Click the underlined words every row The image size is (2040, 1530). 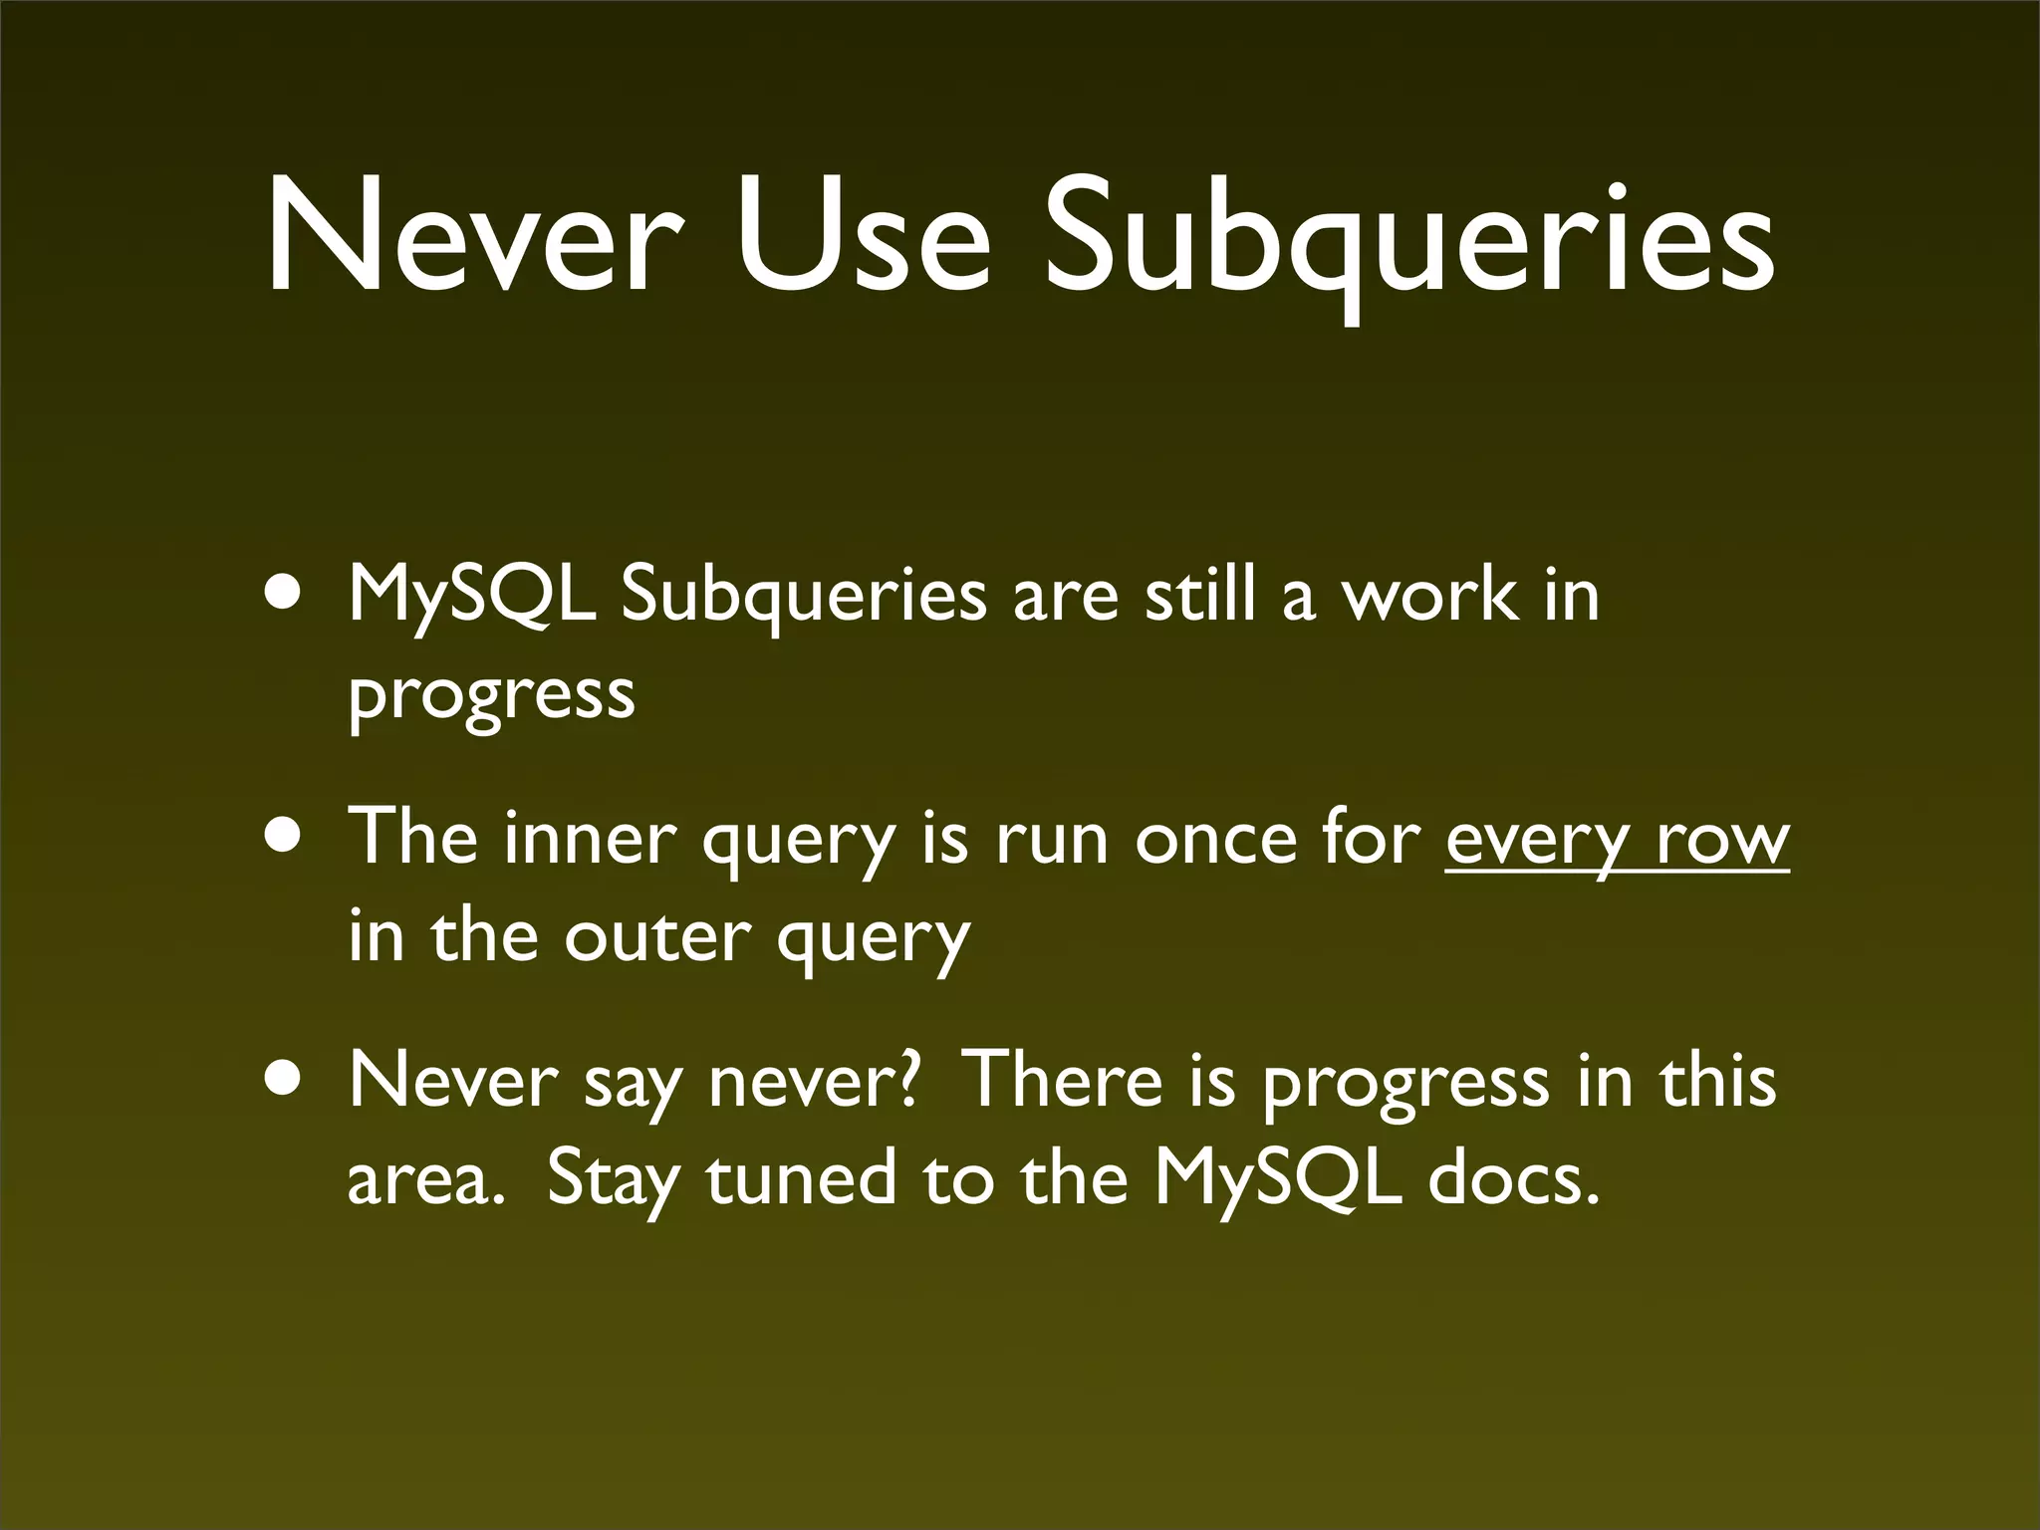tap(1617, 840)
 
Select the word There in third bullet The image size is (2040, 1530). tap(1064, 1080)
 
